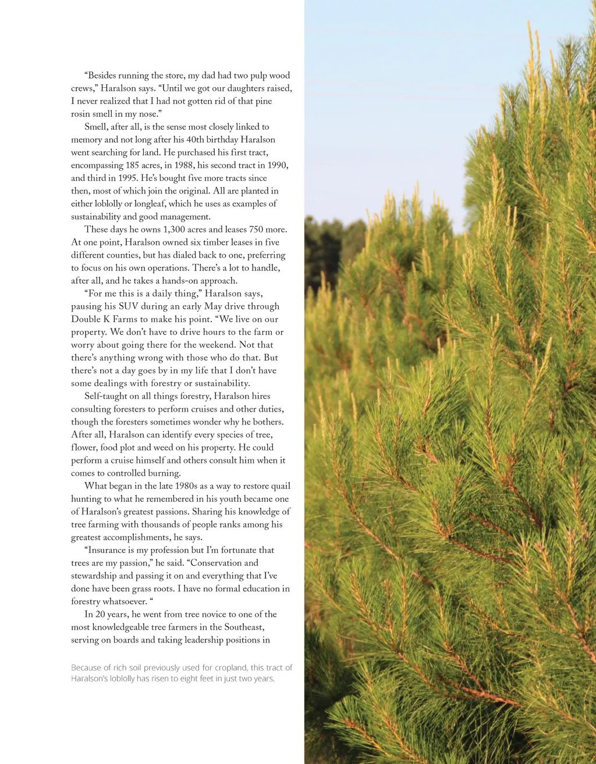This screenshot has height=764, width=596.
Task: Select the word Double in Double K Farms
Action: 86,319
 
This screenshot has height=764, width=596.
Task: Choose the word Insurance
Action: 107,550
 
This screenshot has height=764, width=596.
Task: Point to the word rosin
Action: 81,114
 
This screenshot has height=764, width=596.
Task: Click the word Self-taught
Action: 109,396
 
